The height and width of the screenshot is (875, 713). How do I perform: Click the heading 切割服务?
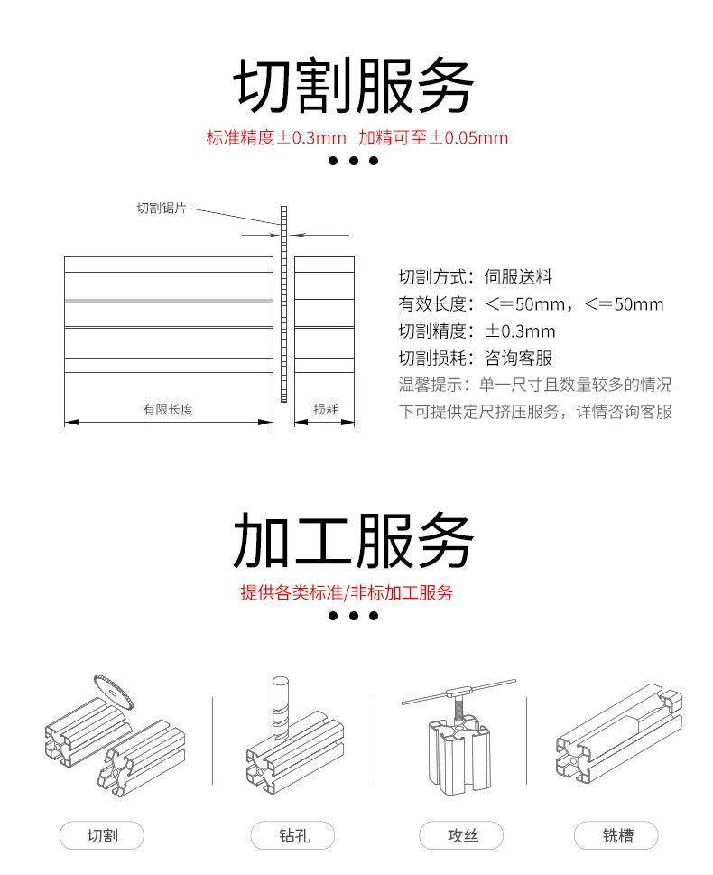pos(355,86)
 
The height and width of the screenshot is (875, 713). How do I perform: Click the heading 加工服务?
pos(355,540)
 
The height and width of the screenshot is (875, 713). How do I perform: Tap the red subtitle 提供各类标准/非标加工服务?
pos(347,593)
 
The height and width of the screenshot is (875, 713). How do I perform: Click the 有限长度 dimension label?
pos(168,409)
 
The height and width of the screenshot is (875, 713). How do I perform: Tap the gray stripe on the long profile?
pos(168,300)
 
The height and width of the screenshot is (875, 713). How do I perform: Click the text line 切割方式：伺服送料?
pos(475,277)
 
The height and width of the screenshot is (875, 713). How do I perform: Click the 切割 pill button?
pos(102,836)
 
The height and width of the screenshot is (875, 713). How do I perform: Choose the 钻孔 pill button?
pos(293,836)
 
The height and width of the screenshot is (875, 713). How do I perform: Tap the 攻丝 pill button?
pos(462,836)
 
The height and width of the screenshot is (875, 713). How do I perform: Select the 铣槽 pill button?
pos(617,836)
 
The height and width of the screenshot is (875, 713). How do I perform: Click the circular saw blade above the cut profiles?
pos(114,693)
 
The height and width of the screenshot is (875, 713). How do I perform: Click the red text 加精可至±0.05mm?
pos(433,138)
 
